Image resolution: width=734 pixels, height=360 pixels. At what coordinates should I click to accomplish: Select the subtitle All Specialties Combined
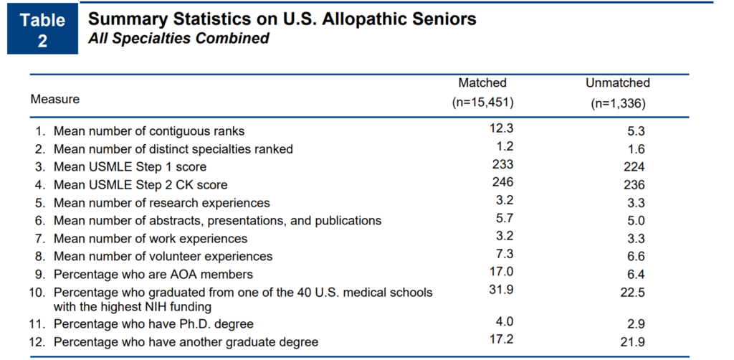[178, 39]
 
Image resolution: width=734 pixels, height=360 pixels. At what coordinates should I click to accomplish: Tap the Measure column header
[55, 99]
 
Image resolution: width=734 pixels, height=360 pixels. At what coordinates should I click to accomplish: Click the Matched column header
[482, 83]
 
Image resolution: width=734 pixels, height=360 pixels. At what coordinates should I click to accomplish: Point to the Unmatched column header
[617, 83]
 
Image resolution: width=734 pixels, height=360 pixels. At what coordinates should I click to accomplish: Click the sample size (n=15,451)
[482, 102]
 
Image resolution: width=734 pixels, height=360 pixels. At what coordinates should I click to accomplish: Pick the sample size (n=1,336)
[617, 103]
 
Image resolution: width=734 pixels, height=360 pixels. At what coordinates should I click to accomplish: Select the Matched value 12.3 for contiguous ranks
[501, 128]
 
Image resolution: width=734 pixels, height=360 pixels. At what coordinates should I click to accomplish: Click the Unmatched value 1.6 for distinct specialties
[635, 149]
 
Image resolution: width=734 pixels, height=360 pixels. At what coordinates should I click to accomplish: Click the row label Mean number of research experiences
[162, 203]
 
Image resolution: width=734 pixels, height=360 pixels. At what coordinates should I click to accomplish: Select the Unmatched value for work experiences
[635, 239]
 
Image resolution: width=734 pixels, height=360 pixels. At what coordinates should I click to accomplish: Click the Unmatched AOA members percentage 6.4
[635, 275]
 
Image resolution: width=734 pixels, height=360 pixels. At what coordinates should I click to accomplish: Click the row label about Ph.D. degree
[153, 324]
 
